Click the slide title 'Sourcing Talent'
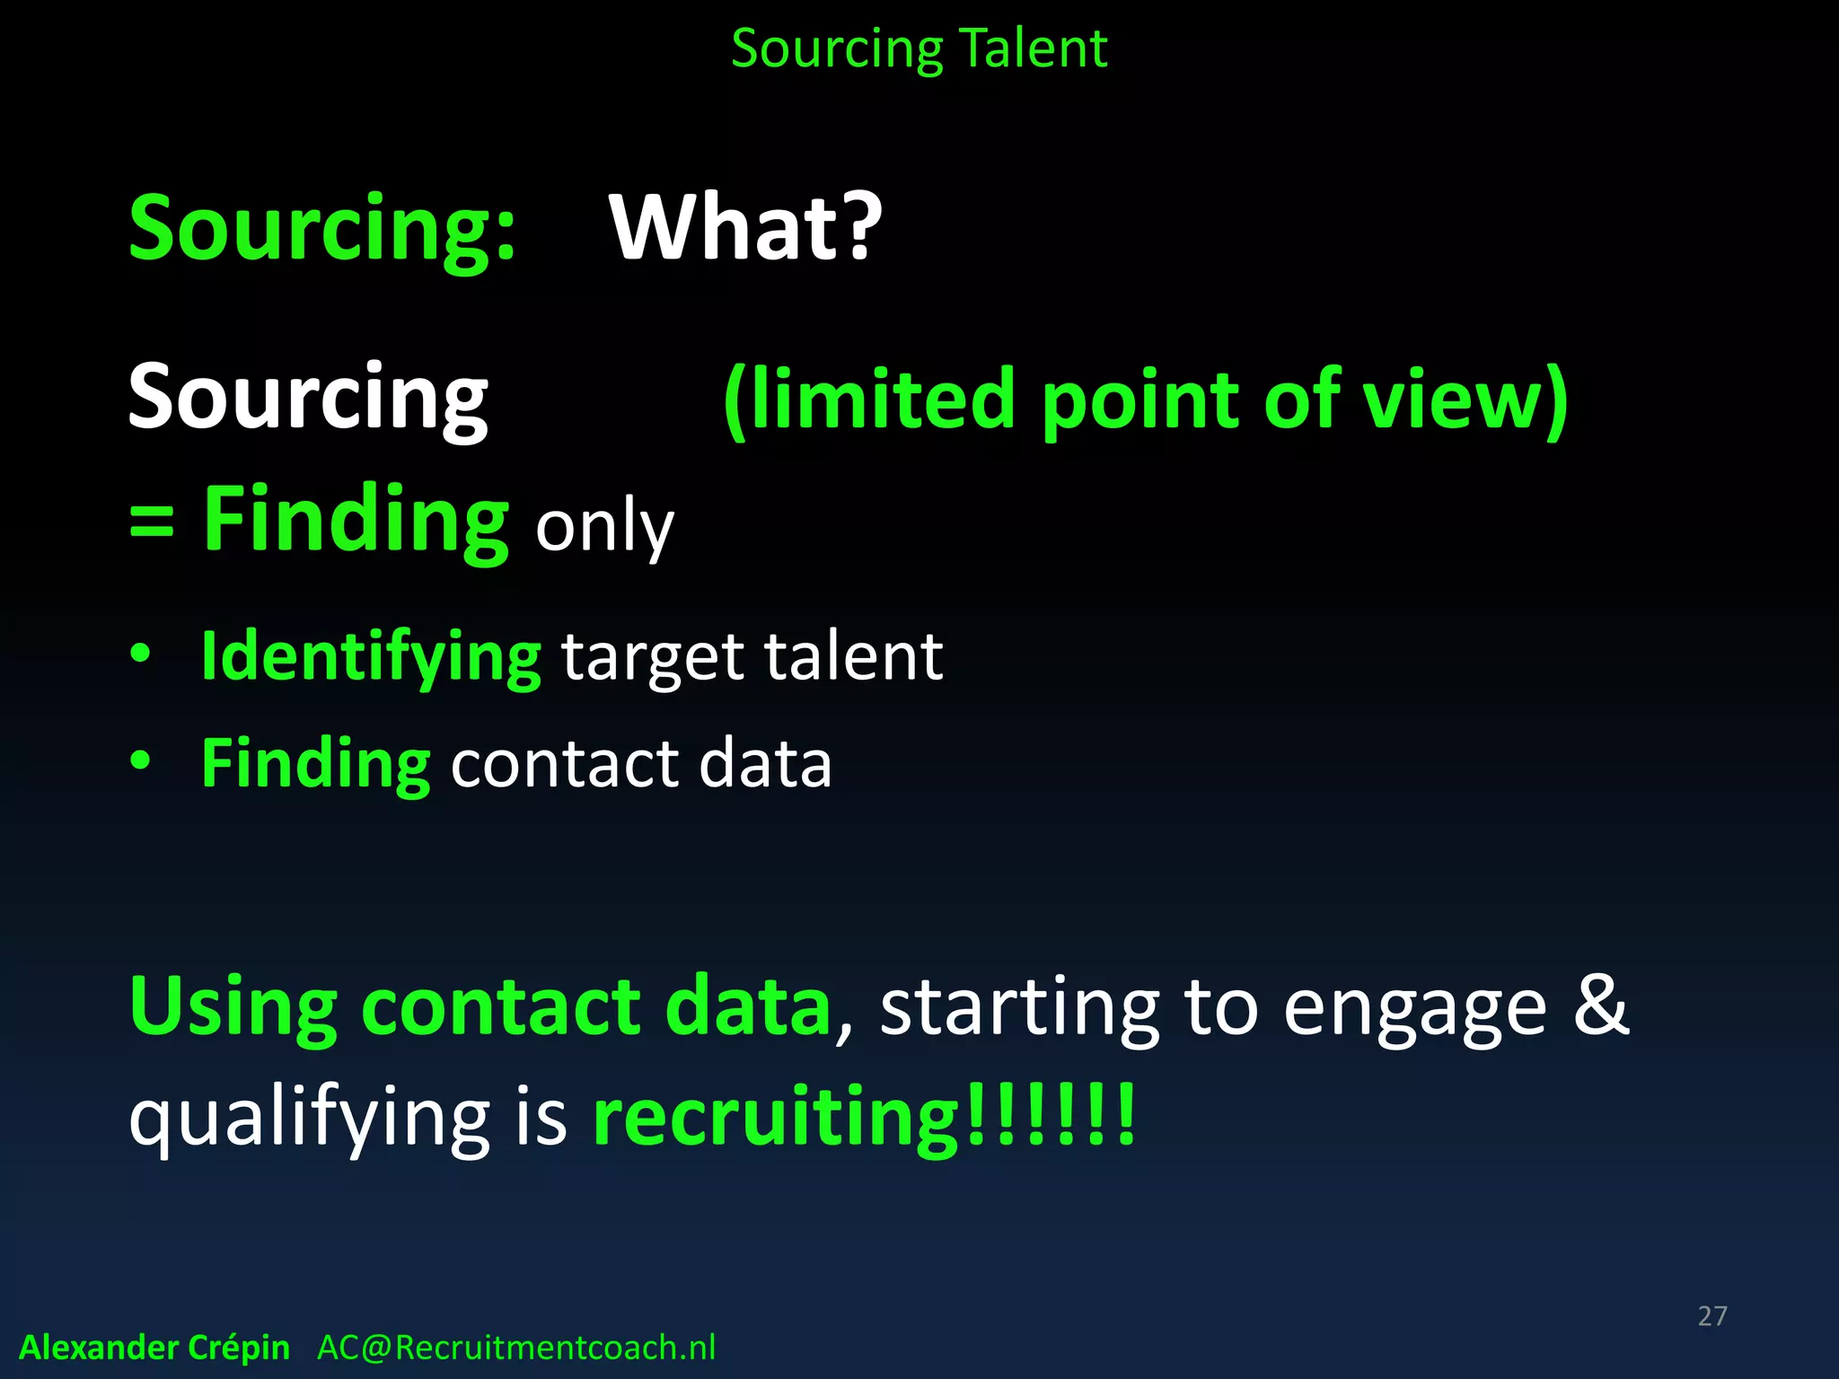point(919,48)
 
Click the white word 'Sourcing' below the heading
point(308,398)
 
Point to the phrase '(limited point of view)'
point(1146,400)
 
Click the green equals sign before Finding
point(151,521)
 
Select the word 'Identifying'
point(371,658)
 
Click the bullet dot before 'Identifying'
point(140,653)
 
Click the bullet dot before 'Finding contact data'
point(140,760)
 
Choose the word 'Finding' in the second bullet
point(316,764)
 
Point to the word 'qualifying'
point(309,1120)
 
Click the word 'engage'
point(1415,1011)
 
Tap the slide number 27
point(1712,1316)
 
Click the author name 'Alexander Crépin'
point(154,1348)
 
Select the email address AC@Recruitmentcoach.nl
point(516,1348)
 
